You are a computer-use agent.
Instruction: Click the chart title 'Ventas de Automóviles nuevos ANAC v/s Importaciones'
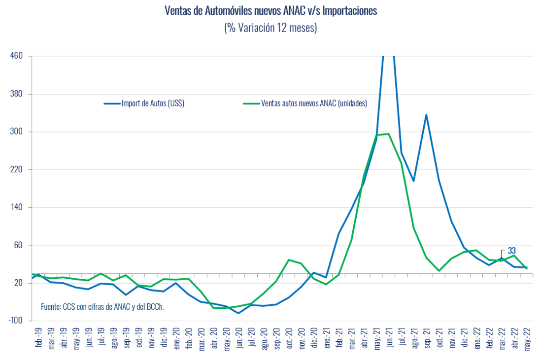(x=270, y=11)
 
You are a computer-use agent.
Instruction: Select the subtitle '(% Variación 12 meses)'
(x=270, y=28)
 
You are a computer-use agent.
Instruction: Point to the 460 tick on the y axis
(x=17, y=56)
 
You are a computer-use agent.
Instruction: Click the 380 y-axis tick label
(x=17, y=94)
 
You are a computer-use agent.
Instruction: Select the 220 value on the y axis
(x=17, y=169)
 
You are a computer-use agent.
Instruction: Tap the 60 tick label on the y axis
(x=19, y=245)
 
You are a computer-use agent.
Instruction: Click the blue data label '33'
(x=511, y=251)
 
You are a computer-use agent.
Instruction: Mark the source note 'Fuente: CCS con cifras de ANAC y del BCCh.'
(x=102, y=306)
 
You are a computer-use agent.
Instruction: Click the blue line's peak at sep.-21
(x=426, y=115)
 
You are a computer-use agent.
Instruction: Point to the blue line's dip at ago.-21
(x=414, y=181)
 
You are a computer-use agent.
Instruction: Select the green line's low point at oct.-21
(x=439, y=271)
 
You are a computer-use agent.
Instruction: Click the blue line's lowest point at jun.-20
(x=239, y=313)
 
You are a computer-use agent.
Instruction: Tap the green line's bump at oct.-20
(x=289, y=260)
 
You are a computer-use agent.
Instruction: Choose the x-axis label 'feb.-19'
(x=39, y=338)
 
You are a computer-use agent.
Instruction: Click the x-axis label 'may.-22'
(x=528, y=338)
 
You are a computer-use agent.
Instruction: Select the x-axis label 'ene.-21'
(x=327, y=338)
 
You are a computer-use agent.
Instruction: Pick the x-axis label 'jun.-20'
(x=239, y=338)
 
